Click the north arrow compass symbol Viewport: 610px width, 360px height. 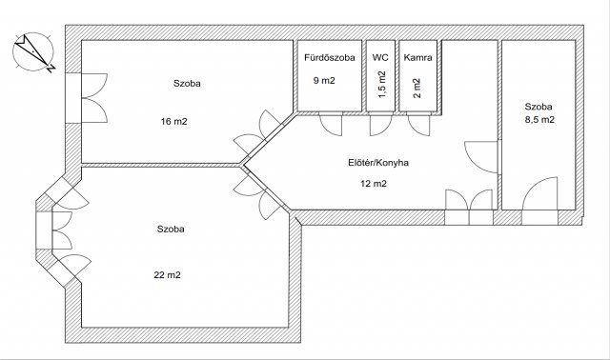[33, 51]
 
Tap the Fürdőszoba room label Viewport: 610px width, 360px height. [330, 58]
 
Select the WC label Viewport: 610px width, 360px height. [380, 57]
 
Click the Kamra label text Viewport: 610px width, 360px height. [417, 58]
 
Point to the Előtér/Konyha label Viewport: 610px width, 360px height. [378, 163]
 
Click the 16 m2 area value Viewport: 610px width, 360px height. [173, 122]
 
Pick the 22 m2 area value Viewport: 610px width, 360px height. [168, 275]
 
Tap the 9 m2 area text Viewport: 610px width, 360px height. [324, 81]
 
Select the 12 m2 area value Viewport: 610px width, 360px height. [374, 184]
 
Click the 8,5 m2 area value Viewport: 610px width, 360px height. [540, 120]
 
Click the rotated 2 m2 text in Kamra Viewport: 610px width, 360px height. [417, 89]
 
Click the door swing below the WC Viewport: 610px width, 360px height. [380, 125]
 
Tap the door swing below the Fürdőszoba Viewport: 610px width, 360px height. [331, 125]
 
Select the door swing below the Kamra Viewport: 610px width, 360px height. [418, 125]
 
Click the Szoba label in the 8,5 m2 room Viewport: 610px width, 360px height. [539, 107]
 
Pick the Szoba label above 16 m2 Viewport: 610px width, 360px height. [187, 83]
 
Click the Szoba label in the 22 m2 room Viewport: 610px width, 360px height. [171, 229]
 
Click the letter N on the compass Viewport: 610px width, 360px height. [51, 69]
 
